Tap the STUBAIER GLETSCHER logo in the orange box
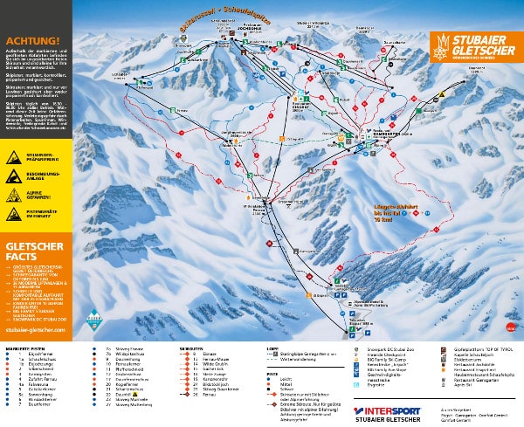coord(475,48)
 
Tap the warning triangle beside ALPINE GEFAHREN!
coord(15,193)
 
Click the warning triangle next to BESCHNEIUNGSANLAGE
coord(15,175)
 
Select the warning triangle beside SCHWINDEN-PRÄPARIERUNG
coord(15,156)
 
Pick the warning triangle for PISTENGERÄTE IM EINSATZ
coord(15,212)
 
